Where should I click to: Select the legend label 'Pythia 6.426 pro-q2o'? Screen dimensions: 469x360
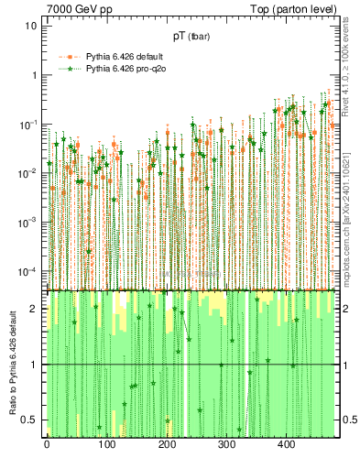coord(129,69)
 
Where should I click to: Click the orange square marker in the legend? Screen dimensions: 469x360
coord(69,57)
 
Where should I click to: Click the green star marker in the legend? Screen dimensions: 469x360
coord(69,69)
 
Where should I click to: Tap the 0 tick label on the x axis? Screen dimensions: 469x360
coord(47,444)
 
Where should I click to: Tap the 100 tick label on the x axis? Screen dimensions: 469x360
coord(106,444)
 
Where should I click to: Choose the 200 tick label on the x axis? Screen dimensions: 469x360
coord(166,444)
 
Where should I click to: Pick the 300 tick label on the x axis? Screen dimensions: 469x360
coord(226,444)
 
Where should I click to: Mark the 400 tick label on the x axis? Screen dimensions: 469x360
coord(286,444)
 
